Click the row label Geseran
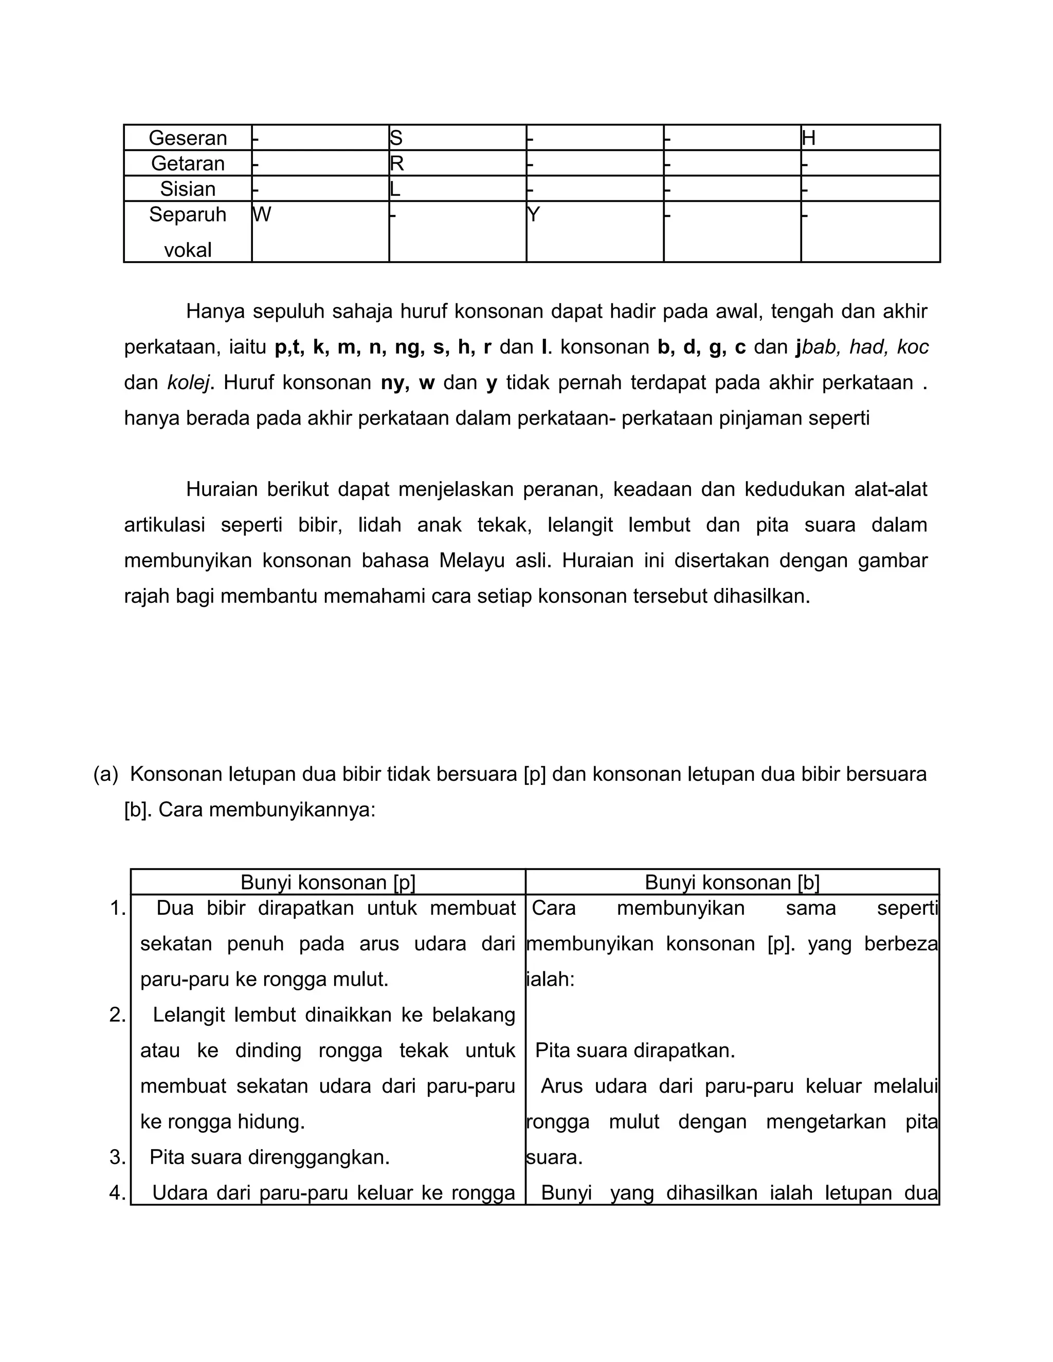(187, 138)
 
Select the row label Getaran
(187, 163)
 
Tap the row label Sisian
(187, 189)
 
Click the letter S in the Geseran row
(395, 138)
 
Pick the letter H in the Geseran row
(808, 138)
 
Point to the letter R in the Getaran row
(397, 163)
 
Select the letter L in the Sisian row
(394, 189)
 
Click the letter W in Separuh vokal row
(262, 214)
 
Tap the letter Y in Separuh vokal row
(533, 214)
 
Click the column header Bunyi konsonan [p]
(328, 882)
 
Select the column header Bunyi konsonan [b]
(732, 882)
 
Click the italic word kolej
(188, 383)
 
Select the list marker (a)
(105, 775)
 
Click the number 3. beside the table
(117, 1157)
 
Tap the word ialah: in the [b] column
(550, 980)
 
